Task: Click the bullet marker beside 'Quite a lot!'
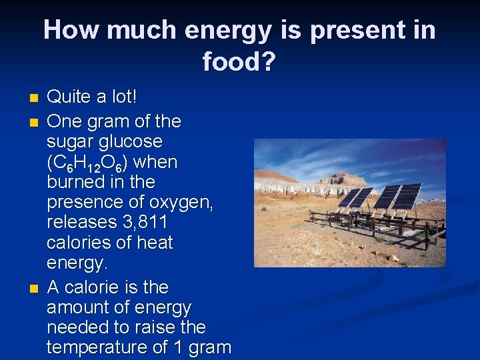point(34,99)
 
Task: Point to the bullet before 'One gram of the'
point(34,123)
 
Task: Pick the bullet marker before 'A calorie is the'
point(34,289)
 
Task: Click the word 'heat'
point(153,243)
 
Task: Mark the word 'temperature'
point(103,347)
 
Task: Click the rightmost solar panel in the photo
point(407,196)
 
